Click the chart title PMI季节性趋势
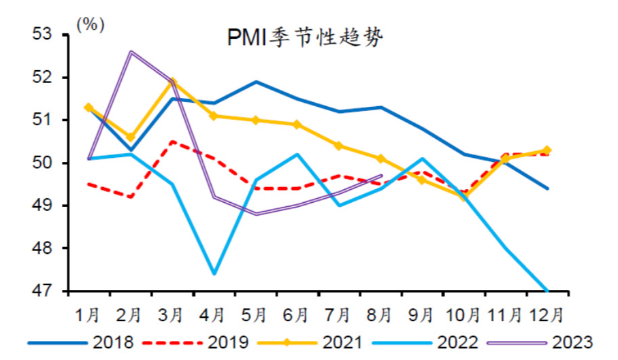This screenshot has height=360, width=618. tap(305, 38)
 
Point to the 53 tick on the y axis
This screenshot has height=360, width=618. tap(42, 34)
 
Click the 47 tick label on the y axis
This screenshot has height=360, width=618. tap(42, 291)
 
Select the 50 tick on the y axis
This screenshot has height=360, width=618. tap(42, 163)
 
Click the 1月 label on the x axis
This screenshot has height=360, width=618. tap(88, 316)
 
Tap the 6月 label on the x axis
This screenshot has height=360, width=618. tap(296, 316)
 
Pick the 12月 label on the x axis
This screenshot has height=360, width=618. tap(547, 316)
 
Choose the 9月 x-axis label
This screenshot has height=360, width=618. tap(421, 316)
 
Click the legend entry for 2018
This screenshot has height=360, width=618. tap(81, 343)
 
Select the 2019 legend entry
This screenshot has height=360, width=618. tap(195, 343)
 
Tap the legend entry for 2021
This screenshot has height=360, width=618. tap(310, 343)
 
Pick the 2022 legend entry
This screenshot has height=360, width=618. tap(425, 343)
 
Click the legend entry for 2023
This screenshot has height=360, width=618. tap(540, 343)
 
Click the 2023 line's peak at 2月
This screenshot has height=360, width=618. tap(131, 52)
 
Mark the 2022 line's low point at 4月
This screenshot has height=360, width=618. tap(214, 274)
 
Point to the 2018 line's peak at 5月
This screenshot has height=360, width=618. tap(256, 82)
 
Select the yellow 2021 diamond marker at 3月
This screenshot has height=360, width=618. tap(172, 82)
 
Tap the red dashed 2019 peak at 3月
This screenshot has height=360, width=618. tap(172, 142)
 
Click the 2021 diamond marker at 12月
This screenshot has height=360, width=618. tap(547, 150)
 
